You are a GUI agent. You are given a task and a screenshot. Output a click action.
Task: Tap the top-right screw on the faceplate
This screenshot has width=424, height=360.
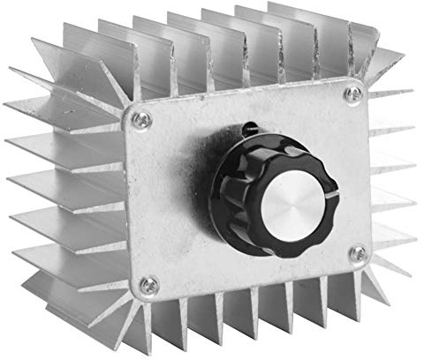tap(354, 91)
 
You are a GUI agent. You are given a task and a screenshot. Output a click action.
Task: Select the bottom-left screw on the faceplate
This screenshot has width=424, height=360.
tap(149, 283)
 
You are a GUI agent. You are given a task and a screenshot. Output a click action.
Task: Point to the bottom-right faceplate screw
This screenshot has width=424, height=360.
tap(359, 253)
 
